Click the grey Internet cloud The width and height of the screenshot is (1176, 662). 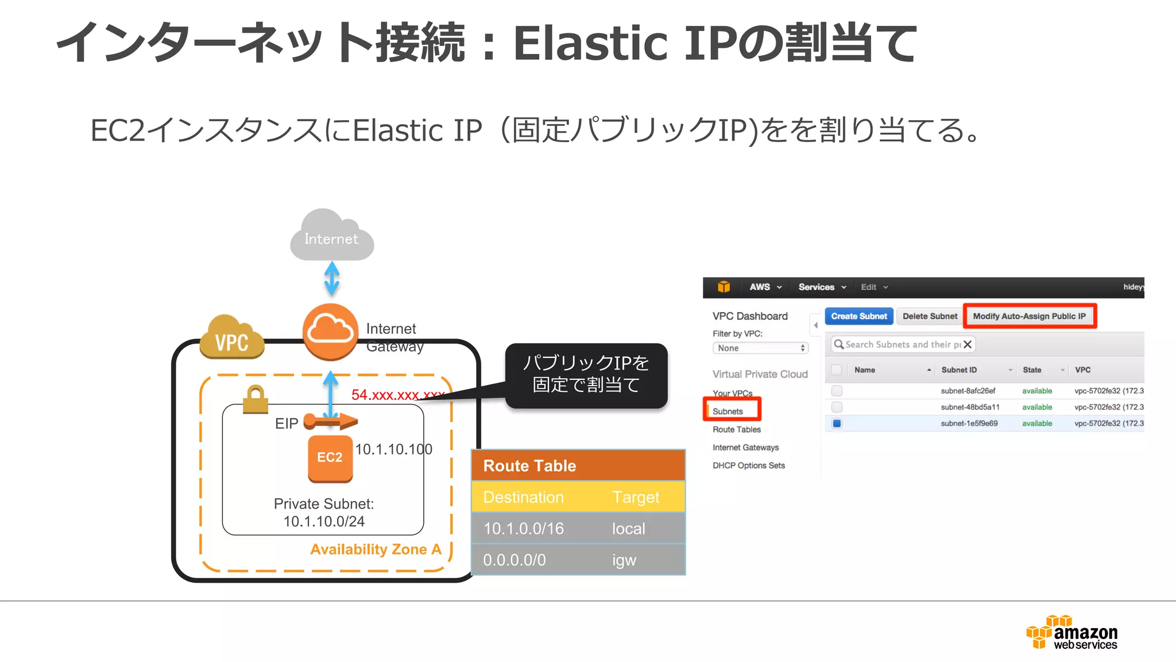(331, 237)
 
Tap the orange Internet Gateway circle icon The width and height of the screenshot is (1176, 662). (330, 332)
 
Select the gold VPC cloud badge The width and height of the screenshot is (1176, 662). (232, 339)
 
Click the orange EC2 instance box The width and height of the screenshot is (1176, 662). (330, 458)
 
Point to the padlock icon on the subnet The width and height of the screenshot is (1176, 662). (255, 399)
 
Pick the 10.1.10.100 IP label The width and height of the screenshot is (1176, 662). (393, 449)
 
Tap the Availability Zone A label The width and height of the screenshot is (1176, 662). (376, 549)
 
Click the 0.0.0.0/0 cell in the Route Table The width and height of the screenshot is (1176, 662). (514, 560)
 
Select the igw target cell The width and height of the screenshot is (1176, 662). (624, 560)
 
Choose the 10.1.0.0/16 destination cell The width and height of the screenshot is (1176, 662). (523, 529)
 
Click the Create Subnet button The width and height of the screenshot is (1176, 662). (858, 316)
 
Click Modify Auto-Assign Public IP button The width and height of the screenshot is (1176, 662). (1029, 316)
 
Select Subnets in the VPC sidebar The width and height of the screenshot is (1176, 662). (728, 411)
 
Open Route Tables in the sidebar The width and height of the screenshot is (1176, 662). (736, 429)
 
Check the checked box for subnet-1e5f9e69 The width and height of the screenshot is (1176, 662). (837, 424)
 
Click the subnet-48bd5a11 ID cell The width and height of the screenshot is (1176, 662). (970, 407)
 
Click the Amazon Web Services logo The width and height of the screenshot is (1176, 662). (1072, 633)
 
